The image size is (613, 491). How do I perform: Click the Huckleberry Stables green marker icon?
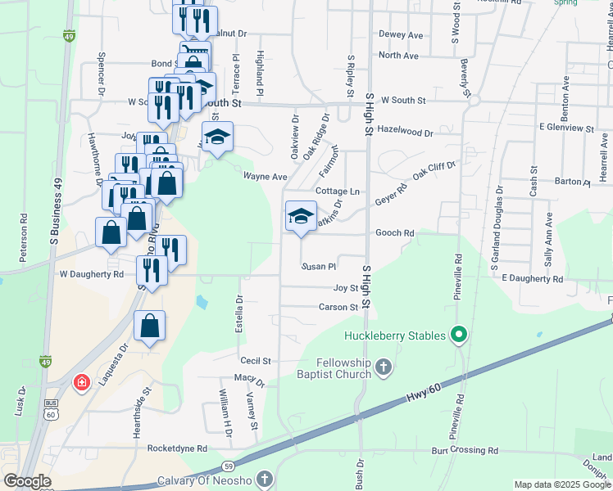point(460,335)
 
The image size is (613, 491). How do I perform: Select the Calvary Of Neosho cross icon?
point(264,479)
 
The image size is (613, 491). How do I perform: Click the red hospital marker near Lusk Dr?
point(81,382)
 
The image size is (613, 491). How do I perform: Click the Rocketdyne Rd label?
point(177,449)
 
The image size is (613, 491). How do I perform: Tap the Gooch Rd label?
point(394,233)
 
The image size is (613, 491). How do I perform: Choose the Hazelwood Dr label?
point(406,132)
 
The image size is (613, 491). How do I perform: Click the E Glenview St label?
point(565,128)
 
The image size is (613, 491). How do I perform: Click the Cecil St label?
point(255,361)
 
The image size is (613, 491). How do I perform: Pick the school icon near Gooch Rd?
point(301,217)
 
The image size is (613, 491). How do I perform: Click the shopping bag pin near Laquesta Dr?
point(149,327)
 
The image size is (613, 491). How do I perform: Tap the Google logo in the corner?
point(27,481)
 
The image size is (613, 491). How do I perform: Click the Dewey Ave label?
point(401,35)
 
